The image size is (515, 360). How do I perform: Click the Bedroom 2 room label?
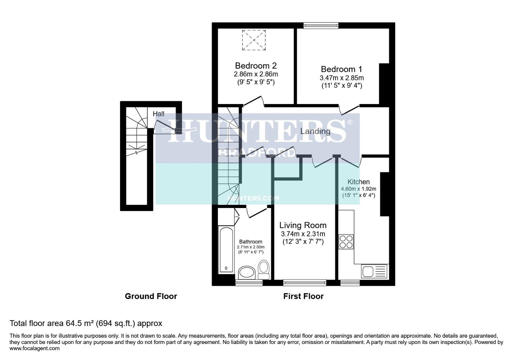click(x=255, y=66)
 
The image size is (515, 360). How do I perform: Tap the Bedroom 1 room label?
click(x=341, y=69)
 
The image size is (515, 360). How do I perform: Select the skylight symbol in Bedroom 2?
click(x=254, y=40)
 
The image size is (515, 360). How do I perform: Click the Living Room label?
click(x=303, y=225)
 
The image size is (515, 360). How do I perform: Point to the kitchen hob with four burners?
click(x=346, y=242)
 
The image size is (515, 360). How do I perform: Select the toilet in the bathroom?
click(x=264, y=269)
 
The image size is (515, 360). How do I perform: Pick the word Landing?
click(x=315, y=131)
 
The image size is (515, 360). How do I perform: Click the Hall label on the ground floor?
click(x=158, y=114)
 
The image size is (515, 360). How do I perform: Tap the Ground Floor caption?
click(x=151, y=296)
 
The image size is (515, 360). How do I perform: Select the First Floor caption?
click(x=303, y=296)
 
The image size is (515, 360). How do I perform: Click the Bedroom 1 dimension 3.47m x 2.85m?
click(x=342, y=78)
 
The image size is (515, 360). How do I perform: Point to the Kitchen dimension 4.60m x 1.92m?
click(x=358, y=189)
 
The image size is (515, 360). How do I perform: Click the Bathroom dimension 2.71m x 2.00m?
click(x=250, y=247)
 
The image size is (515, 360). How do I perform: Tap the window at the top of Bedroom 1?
click(x=321, y=25)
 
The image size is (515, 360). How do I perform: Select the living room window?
click(x=305, y=283)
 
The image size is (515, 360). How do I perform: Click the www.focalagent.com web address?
click(x=35, y=349)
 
